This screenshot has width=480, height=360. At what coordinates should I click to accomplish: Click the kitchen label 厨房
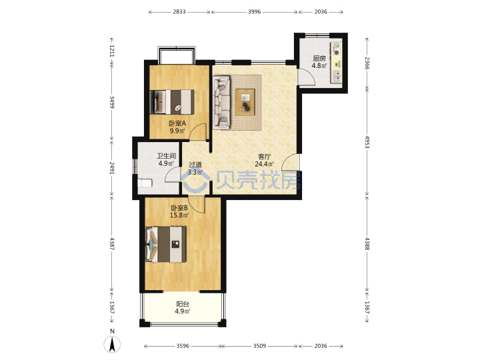pyautogui.click(x=319, y=58)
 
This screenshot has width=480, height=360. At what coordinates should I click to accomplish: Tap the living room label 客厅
pyautogui.click(x=264, y=157)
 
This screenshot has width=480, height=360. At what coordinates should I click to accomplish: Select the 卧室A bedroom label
pyautogui.click(x=177, y=123)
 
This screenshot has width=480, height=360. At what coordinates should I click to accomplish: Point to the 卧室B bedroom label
pyautogui.click(x=179, y=208)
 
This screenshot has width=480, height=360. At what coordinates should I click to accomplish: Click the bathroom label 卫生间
pyautogui.click(x=166, y=156)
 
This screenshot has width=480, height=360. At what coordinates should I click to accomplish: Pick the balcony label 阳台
pyautogui.click(x=183, y=304)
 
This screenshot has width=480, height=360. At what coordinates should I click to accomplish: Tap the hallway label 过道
pyautogui.click(x=195, y=165)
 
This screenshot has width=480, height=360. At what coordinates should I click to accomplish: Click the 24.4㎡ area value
pyautogui.click(x=264, y=164)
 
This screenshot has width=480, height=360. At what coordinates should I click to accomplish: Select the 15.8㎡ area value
pyautogui.click(x=179, y=215)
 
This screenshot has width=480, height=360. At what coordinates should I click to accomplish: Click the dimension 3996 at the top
pyautogui.click(x=255, y=11)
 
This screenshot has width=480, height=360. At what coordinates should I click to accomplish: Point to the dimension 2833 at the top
pyautogui.click(x=179, y=11)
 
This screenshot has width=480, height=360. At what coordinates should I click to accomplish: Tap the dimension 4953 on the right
pyautogui.click(x=367, y=141)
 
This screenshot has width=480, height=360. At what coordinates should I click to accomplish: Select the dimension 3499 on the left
pyautogui.click(x=112, y=102)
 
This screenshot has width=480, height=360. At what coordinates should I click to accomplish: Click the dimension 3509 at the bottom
pyautogui.click(x=259, y=346)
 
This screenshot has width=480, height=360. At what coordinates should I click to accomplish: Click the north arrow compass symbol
pyautogui.click(x=113, y=344)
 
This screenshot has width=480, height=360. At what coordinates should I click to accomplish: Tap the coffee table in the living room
pyautogui.click(x=245, y=102)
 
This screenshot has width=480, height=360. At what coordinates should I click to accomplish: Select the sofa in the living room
pyautogui.click(x=221, y=102)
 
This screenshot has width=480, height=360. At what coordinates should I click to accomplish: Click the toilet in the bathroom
pyautogui.click(x=145, y=183)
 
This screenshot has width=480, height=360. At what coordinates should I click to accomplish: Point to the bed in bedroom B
pyautogui.click(x=166, y=244)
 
